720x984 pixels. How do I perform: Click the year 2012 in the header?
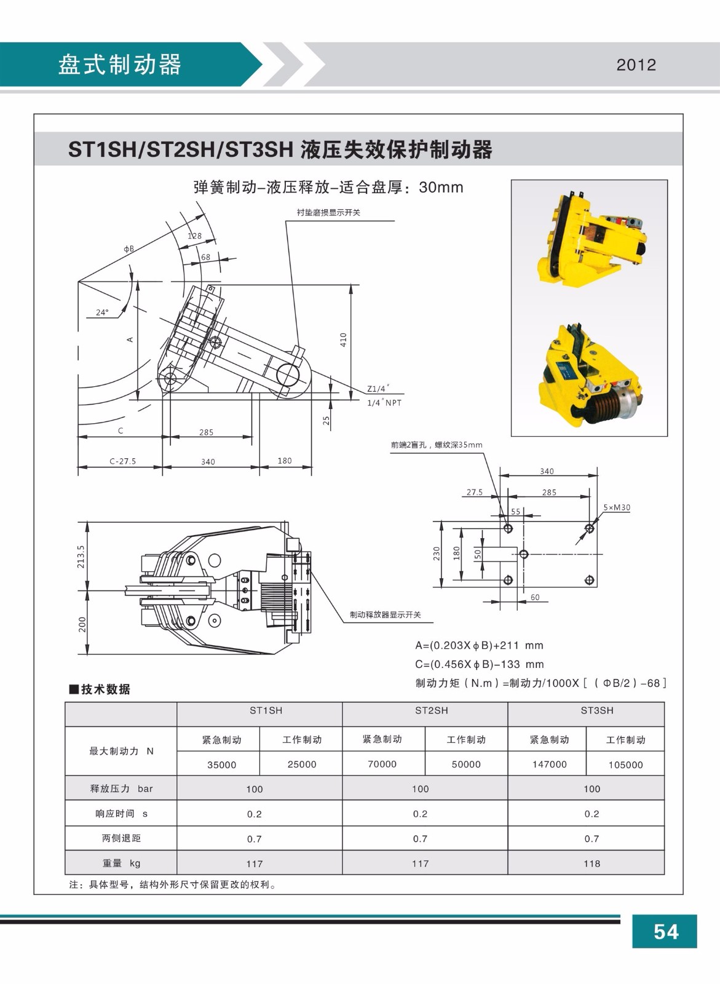(636, 65)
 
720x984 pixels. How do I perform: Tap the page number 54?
(665, 932)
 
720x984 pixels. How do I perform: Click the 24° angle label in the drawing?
(102, 312)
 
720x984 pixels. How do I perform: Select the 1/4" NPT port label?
(384, 403)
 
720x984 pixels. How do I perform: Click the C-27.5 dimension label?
(122, 461)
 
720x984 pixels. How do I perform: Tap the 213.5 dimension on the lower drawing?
(81, 557)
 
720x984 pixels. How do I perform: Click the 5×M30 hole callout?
(616, 507)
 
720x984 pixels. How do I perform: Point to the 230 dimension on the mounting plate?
(437, 554)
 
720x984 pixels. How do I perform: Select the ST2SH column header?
(431, 710)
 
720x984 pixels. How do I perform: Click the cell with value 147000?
(549, 764)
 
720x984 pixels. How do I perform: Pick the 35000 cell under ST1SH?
(221, 764)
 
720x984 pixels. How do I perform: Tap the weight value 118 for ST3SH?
(591, 863)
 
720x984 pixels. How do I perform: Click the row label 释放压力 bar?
(121, 788)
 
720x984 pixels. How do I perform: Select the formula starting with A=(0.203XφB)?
(479, 646)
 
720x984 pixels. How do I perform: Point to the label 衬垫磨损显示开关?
(328, 213)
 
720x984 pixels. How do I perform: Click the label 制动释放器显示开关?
(385, 615)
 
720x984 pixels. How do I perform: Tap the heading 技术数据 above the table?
(105, 689)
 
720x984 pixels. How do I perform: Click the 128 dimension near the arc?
(194, 236)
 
